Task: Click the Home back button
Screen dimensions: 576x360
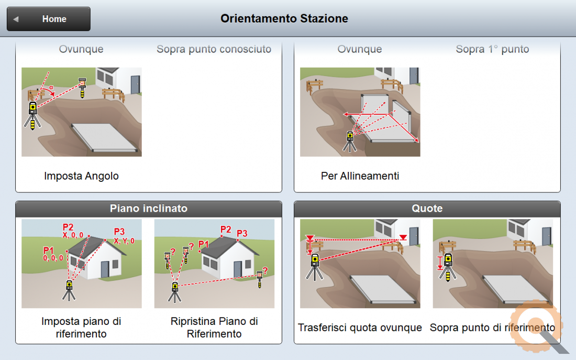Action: point(49,19)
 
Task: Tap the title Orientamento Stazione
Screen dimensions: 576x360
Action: point(284,18)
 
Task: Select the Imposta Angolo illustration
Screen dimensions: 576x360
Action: point(82,112)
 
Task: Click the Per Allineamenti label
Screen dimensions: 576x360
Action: point(360,176)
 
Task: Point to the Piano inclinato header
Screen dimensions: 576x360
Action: point(149,209)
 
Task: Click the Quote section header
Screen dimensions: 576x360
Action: point(427,209)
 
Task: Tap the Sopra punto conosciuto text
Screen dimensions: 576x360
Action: point(214,49)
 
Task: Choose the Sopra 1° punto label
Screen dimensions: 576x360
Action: point(492,49)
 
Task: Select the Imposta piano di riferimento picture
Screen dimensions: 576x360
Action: point(82,264)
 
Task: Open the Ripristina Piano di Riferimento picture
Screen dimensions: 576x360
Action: point(214,264)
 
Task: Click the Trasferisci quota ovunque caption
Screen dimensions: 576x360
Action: point(360,328)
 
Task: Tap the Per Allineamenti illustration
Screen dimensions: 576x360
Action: point(360,112)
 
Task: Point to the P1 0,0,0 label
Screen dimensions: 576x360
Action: point(53,254)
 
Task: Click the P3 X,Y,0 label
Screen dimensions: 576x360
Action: point(124,236)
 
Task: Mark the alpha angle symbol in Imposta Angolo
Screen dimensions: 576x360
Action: point(51,87)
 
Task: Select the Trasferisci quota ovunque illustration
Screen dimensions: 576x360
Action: point(360,264)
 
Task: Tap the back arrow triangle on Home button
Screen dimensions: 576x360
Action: point(16,19)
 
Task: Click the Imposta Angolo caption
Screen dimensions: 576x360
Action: point(81,176)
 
